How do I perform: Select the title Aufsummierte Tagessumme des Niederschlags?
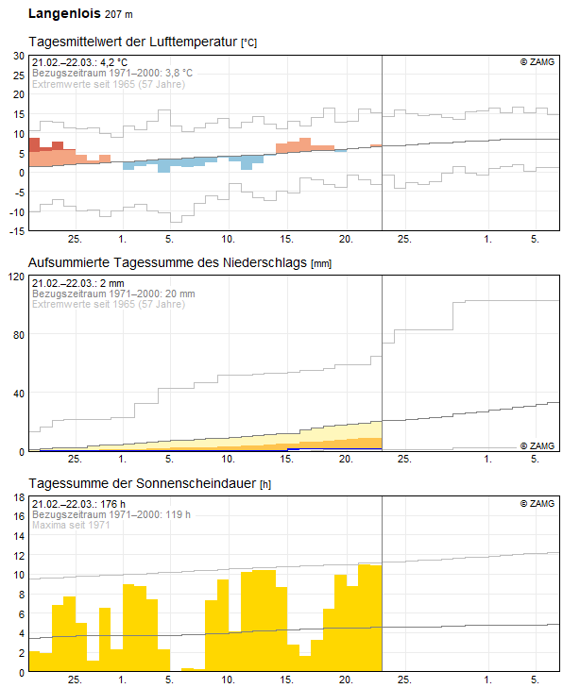coord(168,261)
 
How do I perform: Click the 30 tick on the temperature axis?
coord(18,57)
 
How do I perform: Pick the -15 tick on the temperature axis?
coord(16,230)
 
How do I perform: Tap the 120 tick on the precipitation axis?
coord(15,277)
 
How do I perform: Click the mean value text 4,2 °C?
coord(108,62)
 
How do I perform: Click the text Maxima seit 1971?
coord(72,525)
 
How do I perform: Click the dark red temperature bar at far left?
coord(34,144)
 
